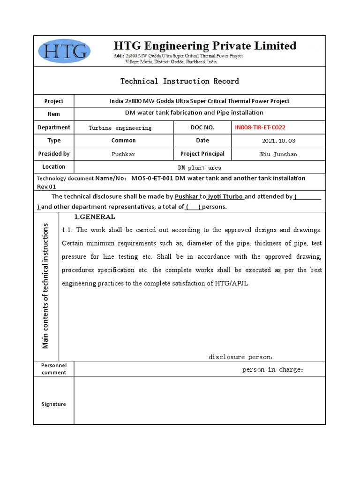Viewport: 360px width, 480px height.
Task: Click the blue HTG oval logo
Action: click(65, 51)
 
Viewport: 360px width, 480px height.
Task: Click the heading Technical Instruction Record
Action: click(180, 81)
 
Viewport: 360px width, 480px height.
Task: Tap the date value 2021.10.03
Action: click(278, 141)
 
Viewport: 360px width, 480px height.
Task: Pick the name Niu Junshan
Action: click(278, 154)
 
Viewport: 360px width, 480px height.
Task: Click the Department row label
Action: click(53, 127)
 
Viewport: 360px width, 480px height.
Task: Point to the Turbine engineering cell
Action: click(120, 128)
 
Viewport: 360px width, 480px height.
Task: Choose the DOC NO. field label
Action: click(202, 127)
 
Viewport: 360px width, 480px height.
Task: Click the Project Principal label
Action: click(202, 154)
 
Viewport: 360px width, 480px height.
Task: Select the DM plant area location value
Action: click(199, 167)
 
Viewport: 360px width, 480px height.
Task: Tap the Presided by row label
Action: click(53, 154)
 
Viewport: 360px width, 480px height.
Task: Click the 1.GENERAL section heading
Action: click(94, 217)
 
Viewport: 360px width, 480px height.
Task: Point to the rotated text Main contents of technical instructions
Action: click(45, 286)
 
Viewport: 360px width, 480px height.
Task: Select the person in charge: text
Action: click(273, 370)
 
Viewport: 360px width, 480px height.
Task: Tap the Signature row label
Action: click(53, 404)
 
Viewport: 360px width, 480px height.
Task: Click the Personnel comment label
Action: click(53, 369)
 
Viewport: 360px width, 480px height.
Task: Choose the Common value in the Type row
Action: click(123, 141)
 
